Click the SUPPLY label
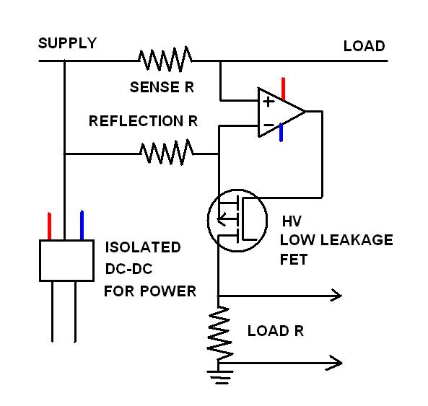[67, 43]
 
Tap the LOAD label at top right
[364, 46]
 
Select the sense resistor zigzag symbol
[165, 59]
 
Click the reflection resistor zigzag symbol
[167, 152]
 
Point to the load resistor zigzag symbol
[219, 334]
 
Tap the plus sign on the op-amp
[268, 102]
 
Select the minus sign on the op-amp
[268, 125]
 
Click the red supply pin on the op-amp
[283, 89]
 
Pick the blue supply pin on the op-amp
[281, 132]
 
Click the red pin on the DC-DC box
[49, 226]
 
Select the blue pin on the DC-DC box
[82, 225]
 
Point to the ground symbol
[220, 377]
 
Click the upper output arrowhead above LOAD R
[337, 295]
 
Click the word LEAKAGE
[357, 240]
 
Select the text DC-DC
[129, 269]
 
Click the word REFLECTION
[136, 121]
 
